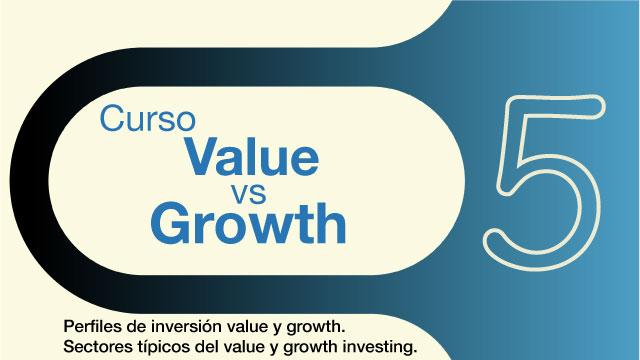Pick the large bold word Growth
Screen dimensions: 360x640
(x=248, y=223)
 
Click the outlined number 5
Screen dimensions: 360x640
(x=540, y=177)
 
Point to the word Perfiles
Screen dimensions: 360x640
(x=92, y=327)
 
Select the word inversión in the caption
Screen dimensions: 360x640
(x=181, y=327)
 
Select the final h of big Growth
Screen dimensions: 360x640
(x=331, y=222)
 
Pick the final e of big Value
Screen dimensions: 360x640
(x=304, y=159)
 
